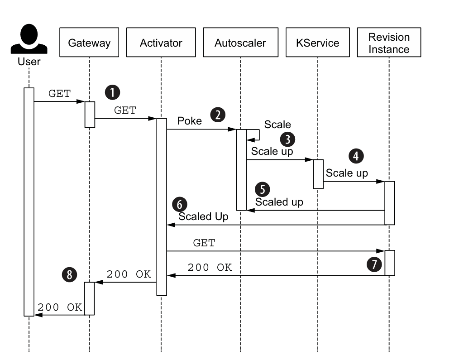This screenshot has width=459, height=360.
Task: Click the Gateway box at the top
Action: (89, 43)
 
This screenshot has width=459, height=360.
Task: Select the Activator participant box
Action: (161, 43)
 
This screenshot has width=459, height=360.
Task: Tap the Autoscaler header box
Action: (240, 43)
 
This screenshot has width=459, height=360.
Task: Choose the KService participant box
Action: (317, 43)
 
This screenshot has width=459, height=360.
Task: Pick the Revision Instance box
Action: (389, 43)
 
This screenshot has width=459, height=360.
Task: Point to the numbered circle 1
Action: (112, 92)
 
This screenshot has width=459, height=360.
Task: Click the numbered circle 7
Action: (374, 264)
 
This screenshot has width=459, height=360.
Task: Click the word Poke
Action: (189, 121)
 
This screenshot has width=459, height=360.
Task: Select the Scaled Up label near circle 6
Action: (203, 216)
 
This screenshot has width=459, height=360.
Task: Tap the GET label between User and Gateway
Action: (59, 94)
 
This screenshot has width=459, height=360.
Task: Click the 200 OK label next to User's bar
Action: (60, 307)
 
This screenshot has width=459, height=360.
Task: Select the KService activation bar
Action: (318, 174)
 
